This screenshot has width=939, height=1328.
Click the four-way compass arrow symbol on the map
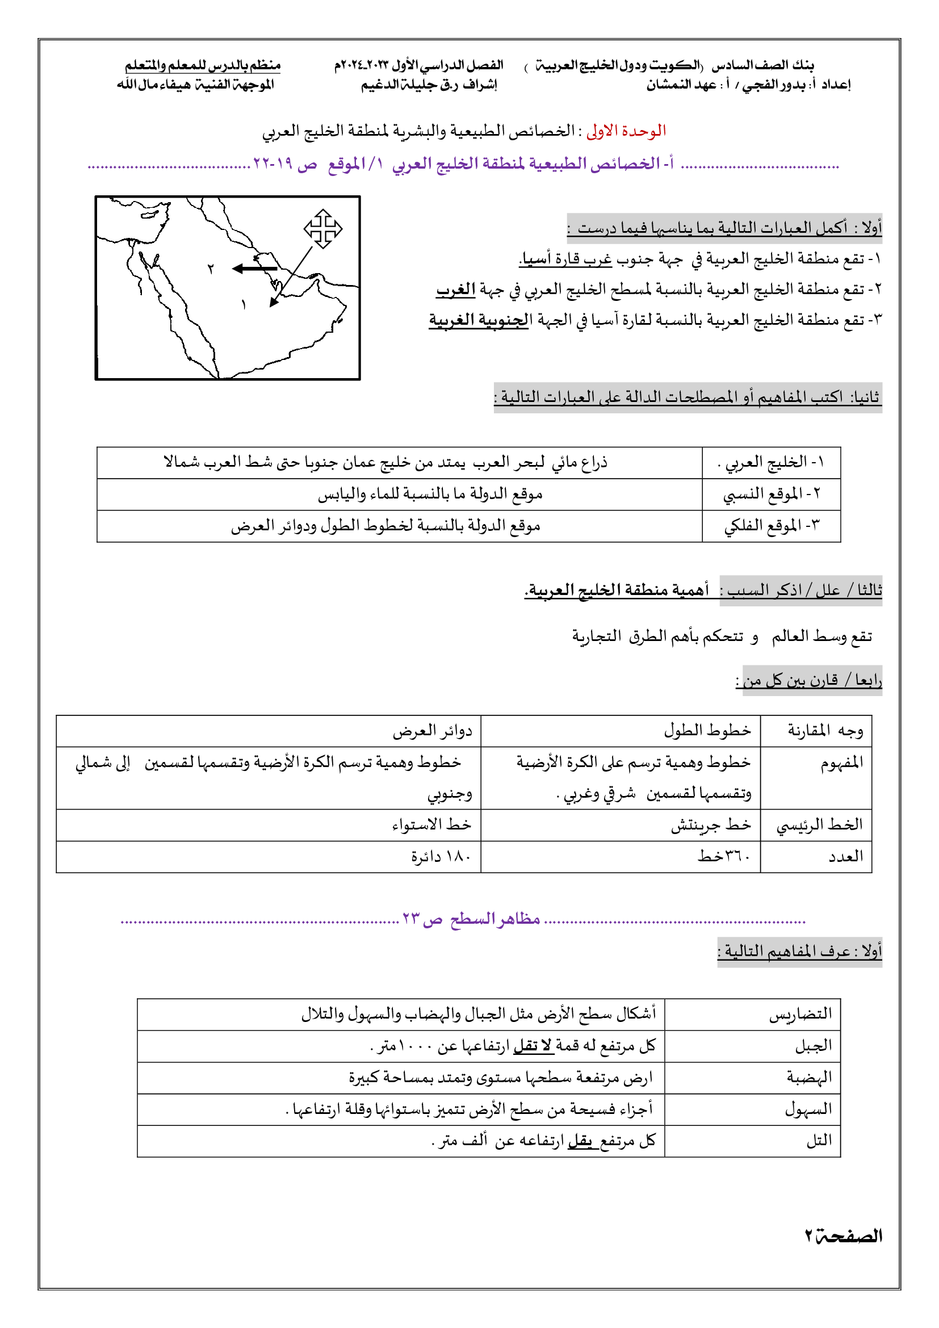tap(322, 228)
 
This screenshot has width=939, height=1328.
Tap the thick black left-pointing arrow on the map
tap(254, 269)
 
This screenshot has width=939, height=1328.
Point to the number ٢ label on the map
tap(211, 269)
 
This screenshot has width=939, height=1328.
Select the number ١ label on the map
tap(244, 304)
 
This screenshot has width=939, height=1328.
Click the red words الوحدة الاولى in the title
tap(626, 131)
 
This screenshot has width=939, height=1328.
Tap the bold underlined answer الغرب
tap(456, 289)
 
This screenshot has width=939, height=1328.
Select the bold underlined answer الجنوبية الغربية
tap(479, 320)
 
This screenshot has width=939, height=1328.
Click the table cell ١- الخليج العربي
tap(771, 462)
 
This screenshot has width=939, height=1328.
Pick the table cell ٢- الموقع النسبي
tap(772, 494)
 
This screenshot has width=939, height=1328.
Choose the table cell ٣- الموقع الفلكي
tap(772, 526)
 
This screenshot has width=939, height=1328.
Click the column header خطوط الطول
tap(707, 731)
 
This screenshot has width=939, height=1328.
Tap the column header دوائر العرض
tap(433, 731)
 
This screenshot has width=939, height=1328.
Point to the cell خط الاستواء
tap(431, 825)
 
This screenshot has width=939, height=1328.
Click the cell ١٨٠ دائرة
tap(441, 857)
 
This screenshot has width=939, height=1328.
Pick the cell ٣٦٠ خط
tap(723, 857)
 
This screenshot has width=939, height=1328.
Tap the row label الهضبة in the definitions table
tap(809, 1078)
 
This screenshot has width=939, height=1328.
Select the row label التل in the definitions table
tap(819, 1141)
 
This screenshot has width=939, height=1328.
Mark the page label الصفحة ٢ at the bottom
tap(844, 1237)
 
